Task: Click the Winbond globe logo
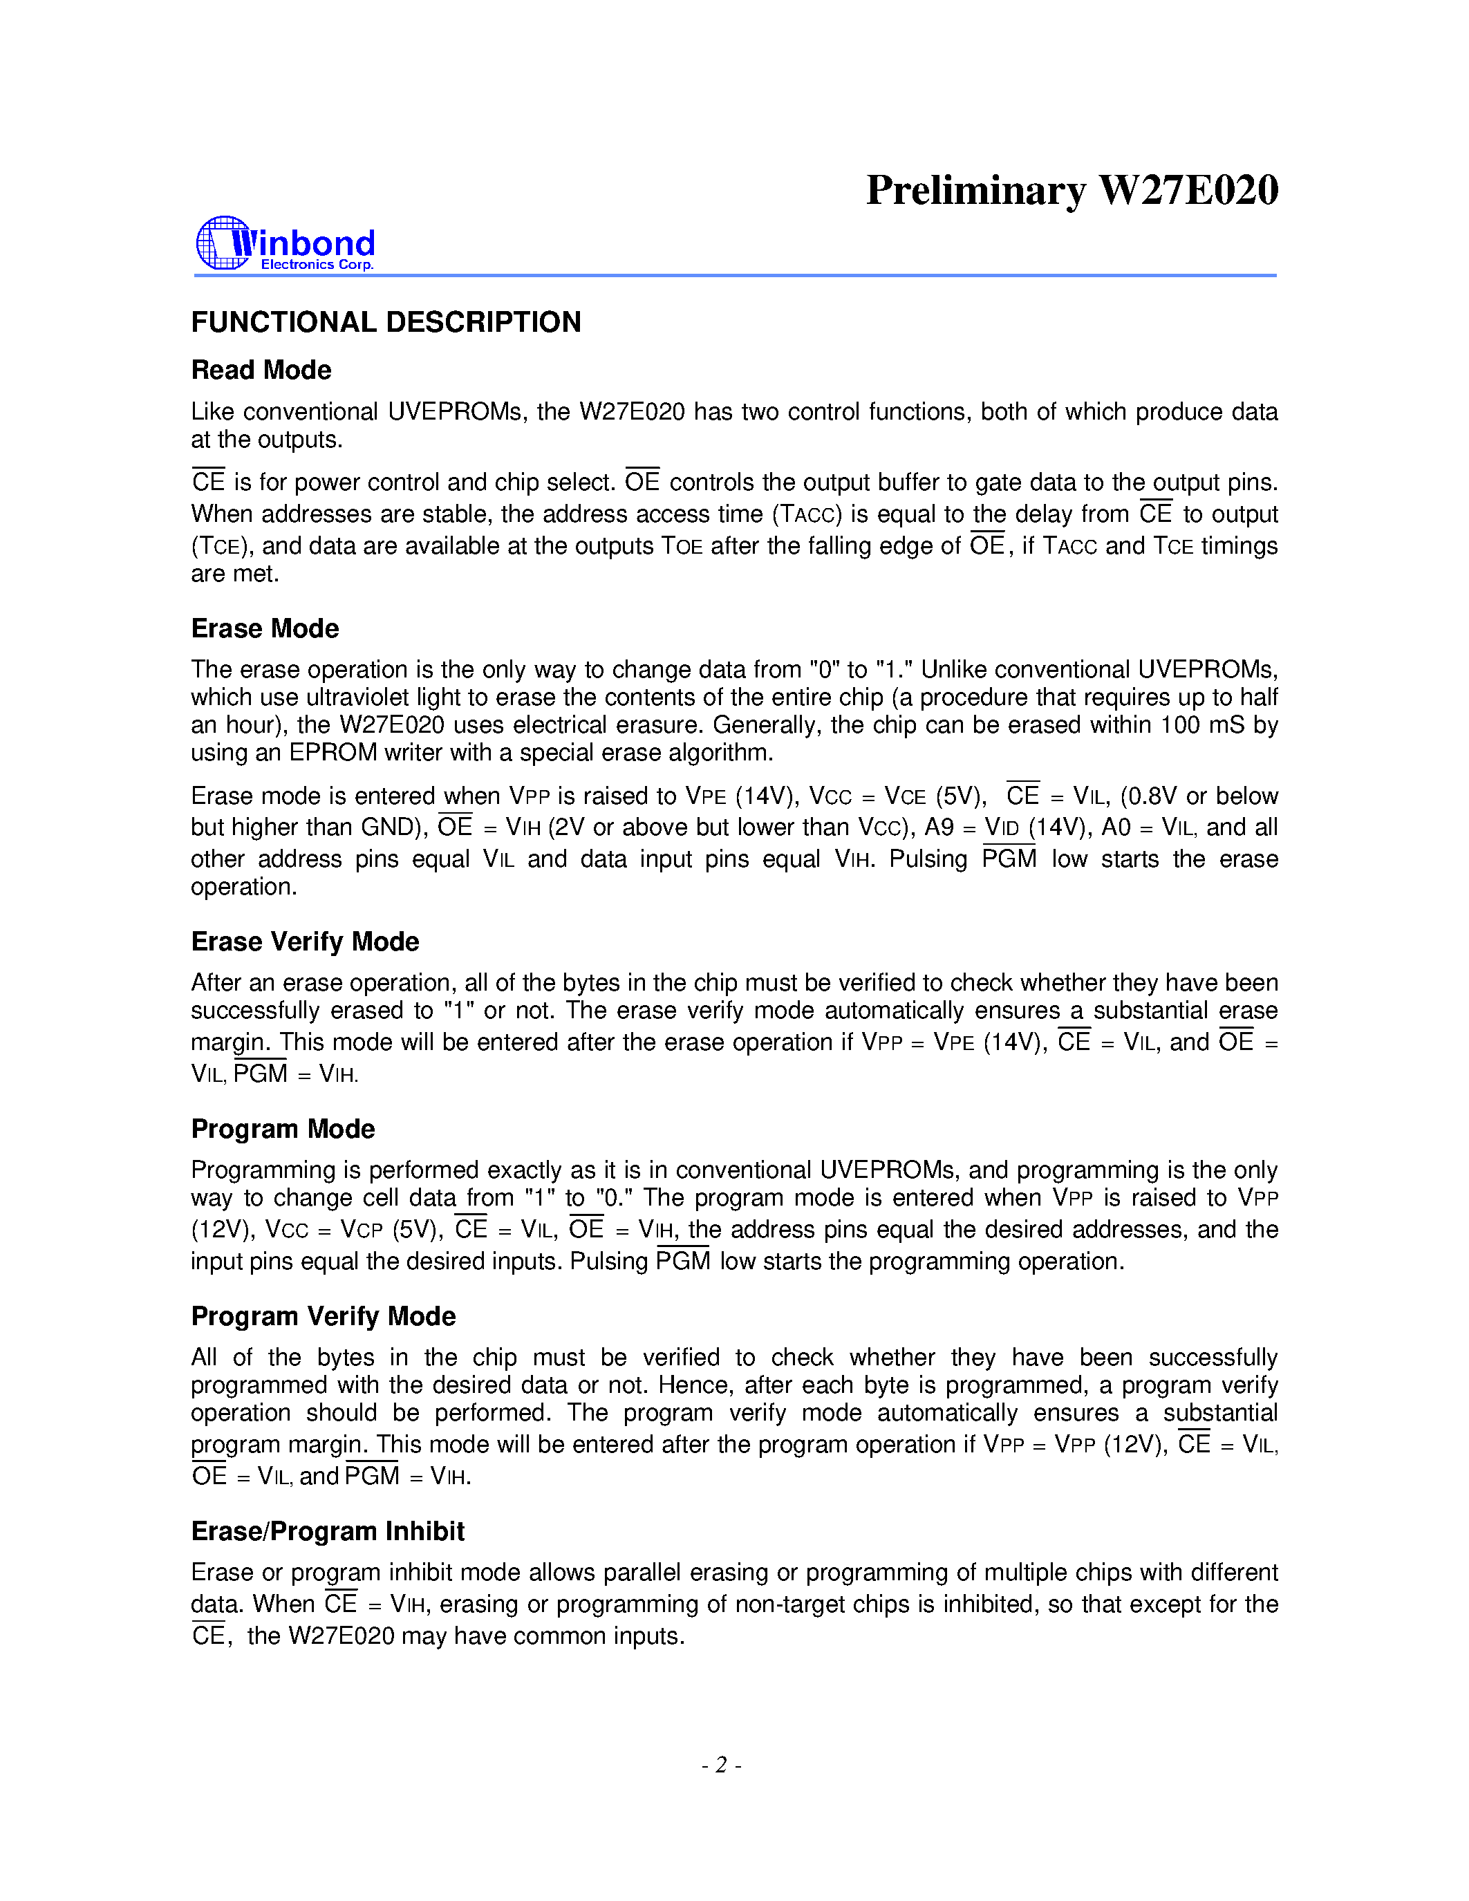pyautogui.click(x=223, y=243)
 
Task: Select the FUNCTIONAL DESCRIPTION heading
pyautogui.click(x=386, y=322)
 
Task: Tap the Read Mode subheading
pyautogui.click(x=261, y=370)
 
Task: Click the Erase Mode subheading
pyautogui.click(x=265, y=628)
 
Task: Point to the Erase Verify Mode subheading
pyautogui.click(x=305, y=942)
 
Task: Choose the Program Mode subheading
pyautogui.click(x=283, y=1129)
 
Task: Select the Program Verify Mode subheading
pyautogui.click(x=323, y=1316)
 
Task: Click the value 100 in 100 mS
pyautogui.click(x=1179, y=725)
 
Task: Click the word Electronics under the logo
pyautogui.click(x=297, y=265)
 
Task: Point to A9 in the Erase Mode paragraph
pyautogui.click(x=939, y=827)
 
